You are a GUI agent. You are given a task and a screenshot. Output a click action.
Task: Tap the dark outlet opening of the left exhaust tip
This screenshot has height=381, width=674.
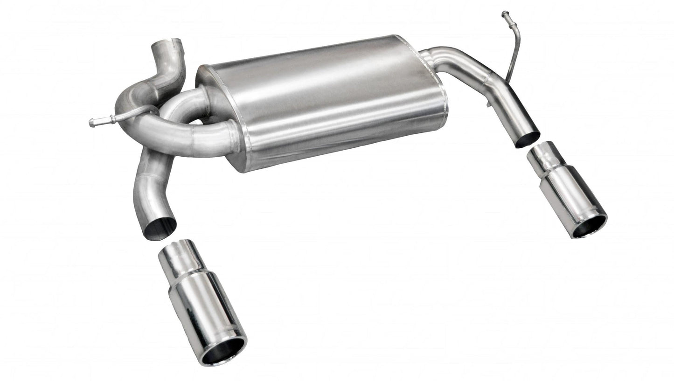click(x=223, y=351)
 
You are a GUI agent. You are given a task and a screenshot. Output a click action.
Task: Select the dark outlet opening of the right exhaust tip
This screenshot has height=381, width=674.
click(x=589, y=226)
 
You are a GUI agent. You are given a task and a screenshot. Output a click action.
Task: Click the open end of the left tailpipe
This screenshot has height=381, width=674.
click(x=160, y=229)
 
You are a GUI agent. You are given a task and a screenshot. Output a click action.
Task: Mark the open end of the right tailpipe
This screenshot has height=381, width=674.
click(x=528, y=139)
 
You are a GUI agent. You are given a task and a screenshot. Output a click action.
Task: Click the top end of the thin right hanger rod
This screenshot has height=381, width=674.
click(x=505, y=14)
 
